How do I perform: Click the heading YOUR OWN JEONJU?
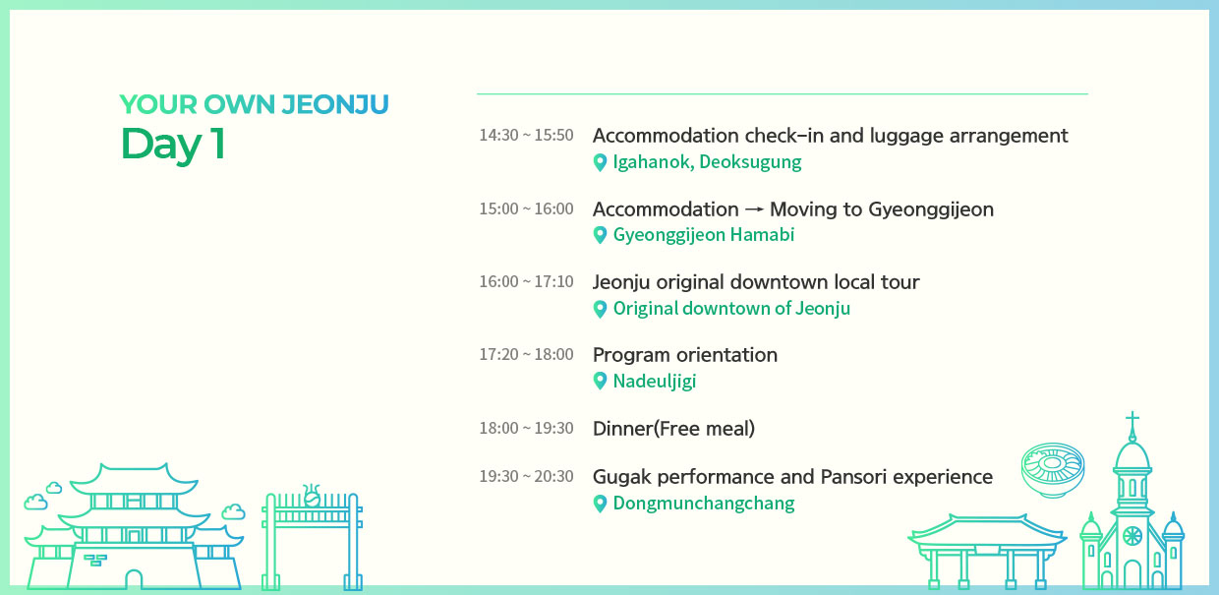255,104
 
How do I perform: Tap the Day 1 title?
172,144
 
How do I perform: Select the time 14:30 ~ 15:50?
526,135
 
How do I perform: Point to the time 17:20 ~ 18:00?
526,354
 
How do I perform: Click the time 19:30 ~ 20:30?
526,476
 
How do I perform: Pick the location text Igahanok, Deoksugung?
707,161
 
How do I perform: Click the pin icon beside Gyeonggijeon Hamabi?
600,235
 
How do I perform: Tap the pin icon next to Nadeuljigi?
600,381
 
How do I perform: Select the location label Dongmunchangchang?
704,503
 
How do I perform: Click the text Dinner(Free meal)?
673,429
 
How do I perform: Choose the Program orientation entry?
685,355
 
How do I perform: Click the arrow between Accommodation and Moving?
754,209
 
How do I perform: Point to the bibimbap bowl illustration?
1053,469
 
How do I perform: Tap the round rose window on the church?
1132,536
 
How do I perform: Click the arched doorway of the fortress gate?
134,578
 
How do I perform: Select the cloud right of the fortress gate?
233,511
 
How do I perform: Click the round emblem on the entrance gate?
312,499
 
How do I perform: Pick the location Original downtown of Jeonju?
731,308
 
